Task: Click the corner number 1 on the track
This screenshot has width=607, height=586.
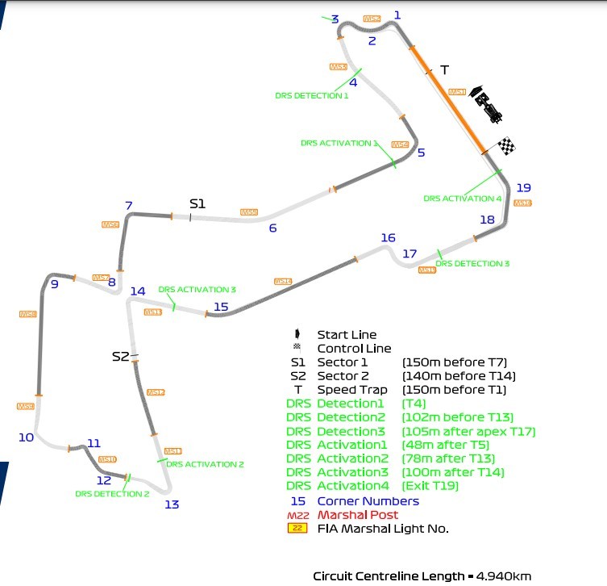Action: [397, 15]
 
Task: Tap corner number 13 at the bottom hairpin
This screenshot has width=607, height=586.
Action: [172, 505]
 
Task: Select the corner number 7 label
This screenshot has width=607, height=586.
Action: [128, 206]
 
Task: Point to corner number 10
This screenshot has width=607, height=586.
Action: [26, 437]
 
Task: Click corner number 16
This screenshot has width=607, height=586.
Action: [388, 237]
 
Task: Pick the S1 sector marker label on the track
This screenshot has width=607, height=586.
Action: [197, 203]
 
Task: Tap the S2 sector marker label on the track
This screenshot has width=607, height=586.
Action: [120, 356]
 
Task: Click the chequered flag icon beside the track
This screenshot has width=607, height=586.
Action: [506, 146]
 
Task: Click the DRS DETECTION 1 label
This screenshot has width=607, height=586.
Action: [312, 95]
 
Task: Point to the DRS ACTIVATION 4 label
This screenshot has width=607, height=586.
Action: [463, 199]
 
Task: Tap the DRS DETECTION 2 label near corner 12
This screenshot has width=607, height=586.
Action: [112, 494]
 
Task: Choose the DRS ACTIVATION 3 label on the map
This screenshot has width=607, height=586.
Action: [197, 289]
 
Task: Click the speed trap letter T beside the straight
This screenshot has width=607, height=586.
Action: [443, 70]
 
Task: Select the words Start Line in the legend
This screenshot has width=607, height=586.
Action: [347, 335]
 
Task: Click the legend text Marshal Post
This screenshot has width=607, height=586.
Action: [358, 514]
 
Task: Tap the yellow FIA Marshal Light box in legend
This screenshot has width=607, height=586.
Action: [298, 529]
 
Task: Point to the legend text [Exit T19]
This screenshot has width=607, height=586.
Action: [429, 486]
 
